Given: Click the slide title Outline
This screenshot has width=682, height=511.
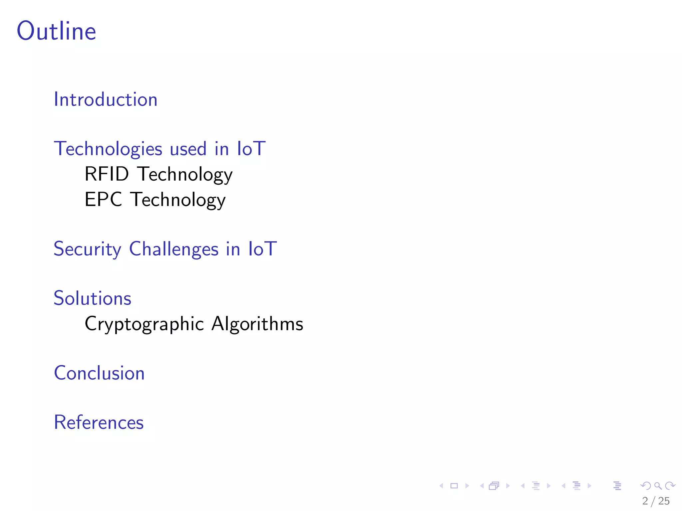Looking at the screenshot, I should pyautogui.click(x=57, y=31).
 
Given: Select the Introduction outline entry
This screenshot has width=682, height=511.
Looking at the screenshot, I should pyautogui.click(x=106, y=99).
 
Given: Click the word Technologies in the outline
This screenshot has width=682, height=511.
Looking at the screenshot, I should pyautogui.click(x=108, y=149).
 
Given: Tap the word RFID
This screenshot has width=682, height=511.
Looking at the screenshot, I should pyautogui.click(x=107, y=174).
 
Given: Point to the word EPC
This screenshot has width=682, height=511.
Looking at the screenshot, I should pyautogui.click(x=103, y=199).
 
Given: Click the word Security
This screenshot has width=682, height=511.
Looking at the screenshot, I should pyautogui.click(x=87, y=249).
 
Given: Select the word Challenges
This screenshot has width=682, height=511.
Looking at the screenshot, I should pyautogui.click(x=173, y=249).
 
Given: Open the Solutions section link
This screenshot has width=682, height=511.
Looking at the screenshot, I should pyautogui.click(x=93, y=298).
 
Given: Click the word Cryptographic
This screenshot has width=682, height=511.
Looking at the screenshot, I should pyautogui.click(x=144, y=324).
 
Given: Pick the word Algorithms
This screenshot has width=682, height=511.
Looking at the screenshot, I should pyautogui.click(x=257, y=324).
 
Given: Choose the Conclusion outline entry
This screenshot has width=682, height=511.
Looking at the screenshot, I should pyautogui.click(x=99, y=373).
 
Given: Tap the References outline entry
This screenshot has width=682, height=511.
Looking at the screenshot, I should pyautogui.click(x=99, y=423).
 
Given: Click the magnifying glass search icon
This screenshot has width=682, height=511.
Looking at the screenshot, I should pyautogui.click(x=658, y=486).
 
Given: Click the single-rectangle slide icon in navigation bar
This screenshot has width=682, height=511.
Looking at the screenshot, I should pyautogui.click(x=454, y=486).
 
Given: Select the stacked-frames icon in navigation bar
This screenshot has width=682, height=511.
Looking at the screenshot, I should pyautogui.click(x=494, y=486).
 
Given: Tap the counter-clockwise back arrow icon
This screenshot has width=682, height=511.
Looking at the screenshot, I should pyautogui.click(x=646, y=486).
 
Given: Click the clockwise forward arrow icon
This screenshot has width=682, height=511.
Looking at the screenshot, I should pyautogui.click(x=670, y=486).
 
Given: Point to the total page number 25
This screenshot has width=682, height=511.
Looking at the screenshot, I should pyautogui.click(x=664, y=501).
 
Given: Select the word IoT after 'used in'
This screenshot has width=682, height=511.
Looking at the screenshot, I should pyautogui.click(x=251, y=149).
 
